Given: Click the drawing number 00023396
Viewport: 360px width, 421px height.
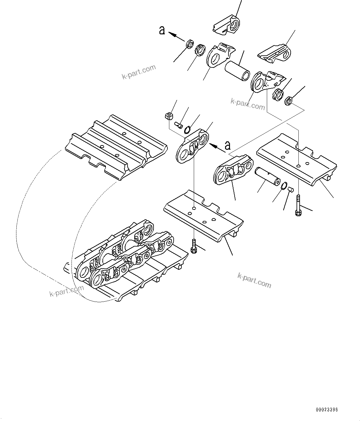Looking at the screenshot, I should pos(327,410).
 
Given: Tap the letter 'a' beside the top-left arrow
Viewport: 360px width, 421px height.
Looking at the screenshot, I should pos(162,30).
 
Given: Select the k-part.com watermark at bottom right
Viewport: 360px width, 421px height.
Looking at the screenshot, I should pos(254,280).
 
